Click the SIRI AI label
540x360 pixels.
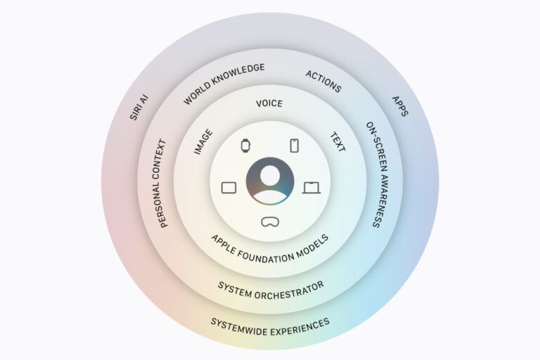coord(139,108)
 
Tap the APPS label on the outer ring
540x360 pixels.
coord(401,106)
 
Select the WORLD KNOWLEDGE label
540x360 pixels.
coord(224,84)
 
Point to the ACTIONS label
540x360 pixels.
coord(323,82)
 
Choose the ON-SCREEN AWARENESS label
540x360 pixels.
coord(377,174)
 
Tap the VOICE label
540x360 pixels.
coord(269,103)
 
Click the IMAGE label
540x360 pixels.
coord(203,142)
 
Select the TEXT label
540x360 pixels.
coord(337,142)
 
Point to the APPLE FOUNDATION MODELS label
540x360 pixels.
coord(270,250)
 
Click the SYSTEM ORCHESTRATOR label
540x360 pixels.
coord(271,291)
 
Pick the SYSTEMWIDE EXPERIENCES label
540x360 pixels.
coord(270,327)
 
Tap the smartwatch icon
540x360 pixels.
coord(245,146)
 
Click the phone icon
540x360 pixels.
coord(295,146)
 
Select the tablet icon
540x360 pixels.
coord(229,188)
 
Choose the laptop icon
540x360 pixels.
coord(311,188)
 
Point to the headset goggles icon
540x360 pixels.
coord(270,222)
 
